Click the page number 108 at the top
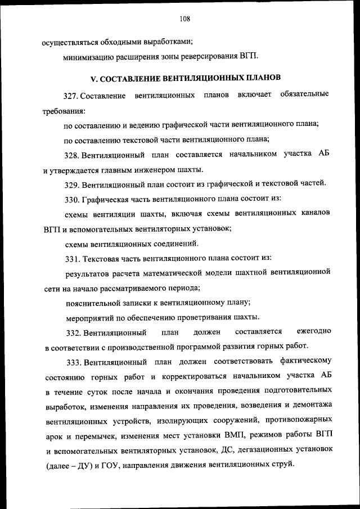click(x=184, y=18)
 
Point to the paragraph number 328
click(x=73, y=154)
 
